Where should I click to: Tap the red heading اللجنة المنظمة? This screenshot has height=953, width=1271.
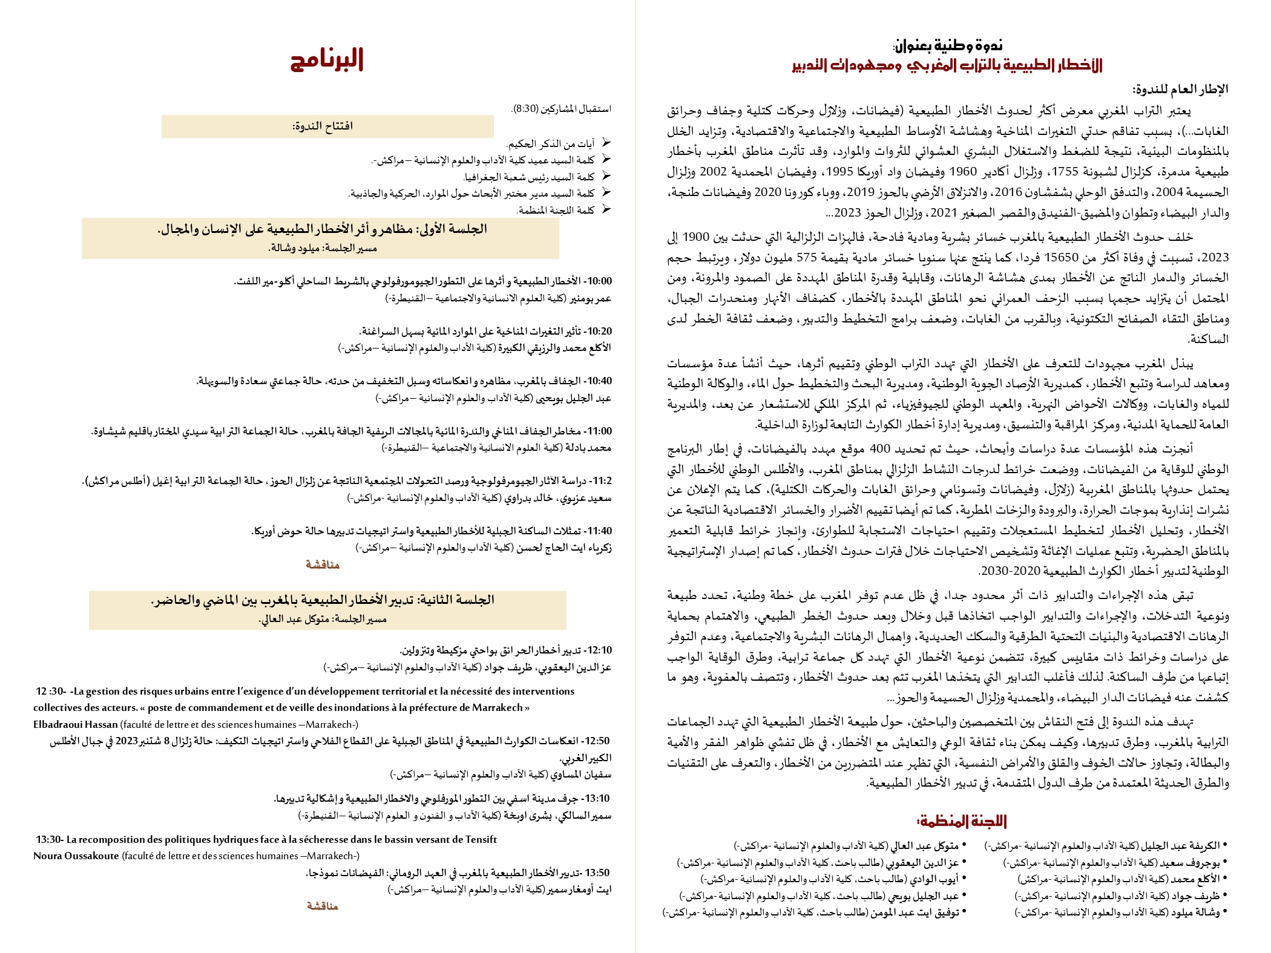click(962, 821)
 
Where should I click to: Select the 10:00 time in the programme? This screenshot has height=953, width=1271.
click(599, 281)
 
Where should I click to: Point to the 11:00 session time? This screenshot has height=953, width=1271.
click(599, 431)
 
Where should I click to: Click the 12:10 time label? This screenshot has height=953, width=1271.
click(599, 650)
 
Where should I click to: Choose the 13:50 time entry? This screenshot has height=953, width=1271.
click(598, 873)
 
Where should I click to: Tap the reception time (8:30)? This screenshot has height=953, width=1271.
click(525, 109)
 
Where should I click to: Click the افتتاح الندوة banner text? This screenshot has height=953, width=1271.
click(323, 126)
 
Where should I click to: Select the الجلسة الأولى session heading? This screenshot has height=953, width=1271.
click(322, 229)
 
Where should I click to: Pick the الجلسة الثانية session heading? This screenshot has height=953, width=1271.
click(323, 600)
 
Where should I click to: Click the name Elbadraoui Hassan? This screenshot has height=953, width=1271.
click(76, 724)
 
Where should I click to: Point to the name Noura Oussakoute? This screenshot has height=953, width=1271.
click(76, 856)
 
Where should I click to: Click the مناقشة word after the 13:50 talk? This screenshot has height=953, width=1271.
click(323, 906)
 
